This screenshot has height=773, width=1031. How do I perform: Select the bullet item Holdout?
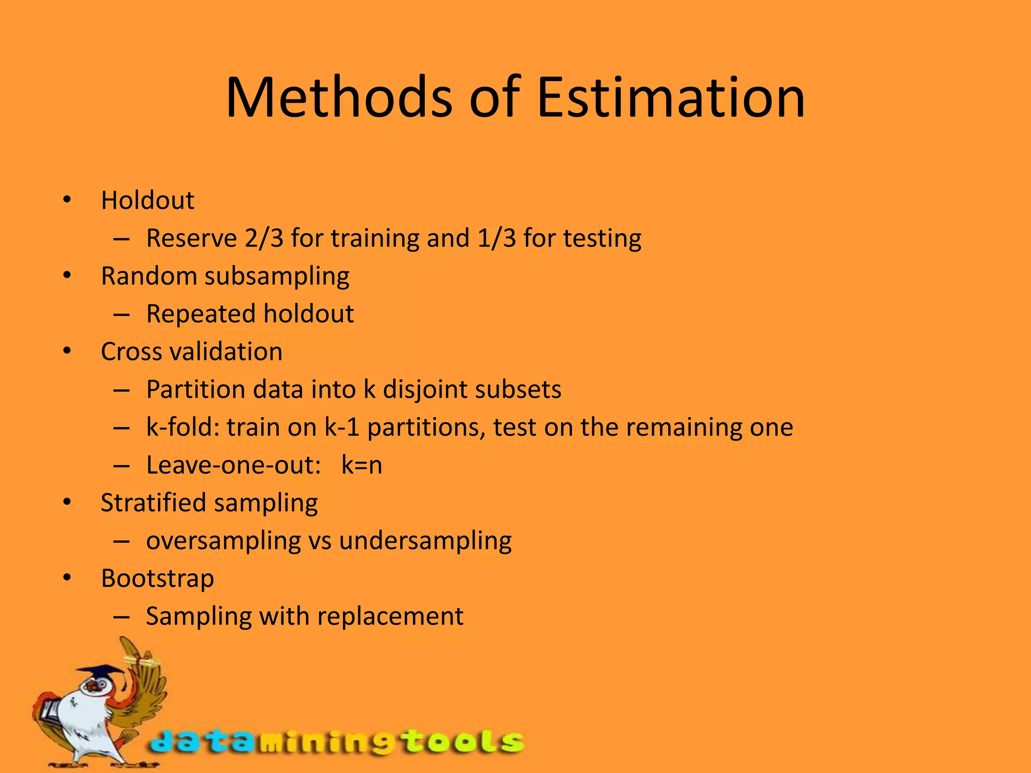tap(148, 200)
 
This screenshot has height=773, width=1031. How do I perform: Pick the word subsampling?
tap(276, 276)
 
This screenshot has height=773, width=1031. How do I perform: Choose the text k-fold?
tap(183, 427)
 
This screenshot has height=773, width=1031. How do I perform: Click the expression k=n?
tap(361, 465)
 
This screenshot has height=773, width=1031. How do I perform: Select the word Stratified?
tap(154, 503)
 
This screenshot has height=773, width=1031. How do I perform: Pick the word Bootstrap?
tap(158, 578)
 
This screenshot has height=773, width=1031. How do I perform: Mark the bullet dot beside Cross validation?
tap(67, 352)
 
